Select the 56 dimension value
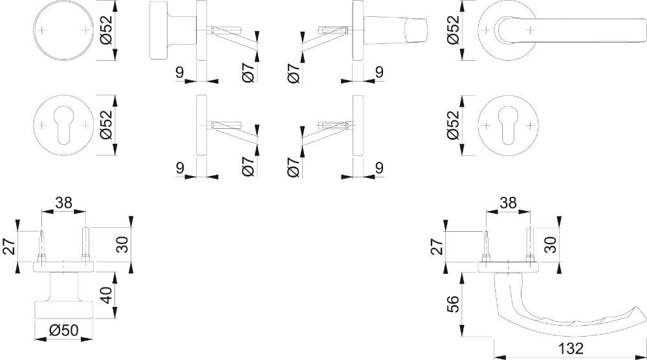(x=453, y=302)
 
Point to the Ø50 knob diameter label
(x=63, y=330)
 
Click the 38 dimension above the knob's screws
(x=63, y=203)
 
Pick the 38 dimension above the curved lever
(x=508, y=203)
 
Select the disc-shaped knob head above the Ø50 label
(x=63, y=309)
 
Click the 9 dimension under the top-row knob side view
(x=179, y=73)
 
